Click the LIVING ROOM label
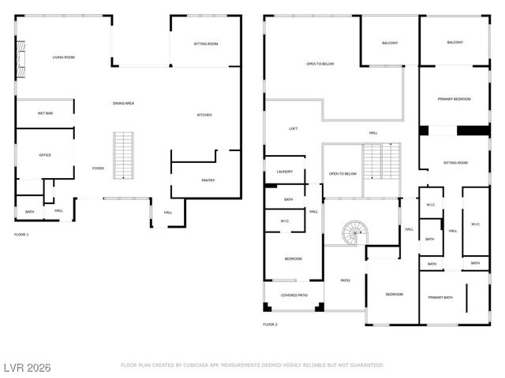click(63, 57)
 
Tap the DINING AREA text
click(123, 103)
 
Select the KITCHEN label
click(204, 116)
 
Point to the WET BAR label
click(45, 113)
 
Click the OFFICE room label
click(45, 155)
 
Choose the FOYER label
click(98, 168)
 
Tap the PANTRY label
click(208, 180)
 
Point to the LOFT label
click(293, 128)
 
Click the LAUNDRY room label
click(285, 171)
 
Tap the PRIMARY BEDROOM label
click(454, 99)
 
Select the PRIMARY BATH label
click(440, 298)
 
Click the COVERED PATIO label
click(292, 295)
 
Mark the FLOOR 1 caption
click(21, 235)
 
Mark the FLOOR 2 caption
click(271, 324)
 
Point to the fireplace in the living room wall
click(21, 57)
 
